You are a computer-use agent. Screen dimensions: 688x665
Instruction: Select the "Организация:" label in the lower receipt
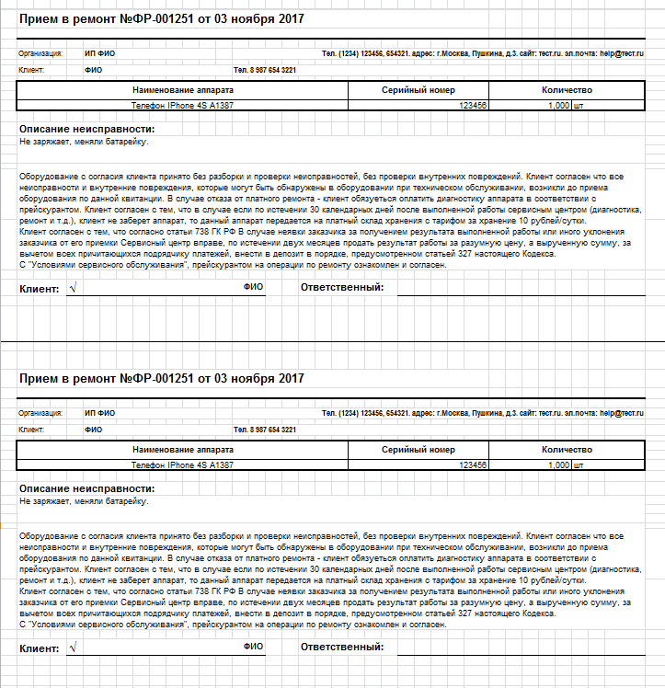40,414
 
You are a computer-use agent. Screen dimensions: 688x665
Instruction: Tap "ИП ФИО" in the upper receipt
99,53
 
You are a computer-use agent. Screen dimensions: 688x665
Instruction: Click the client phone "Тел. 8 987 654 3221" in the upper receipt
265,70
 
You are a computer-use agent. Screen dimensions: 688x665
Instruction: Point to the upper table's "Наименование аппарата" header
182,90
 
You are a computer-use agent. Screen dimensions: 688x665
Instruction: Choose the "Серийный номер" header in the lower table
418,450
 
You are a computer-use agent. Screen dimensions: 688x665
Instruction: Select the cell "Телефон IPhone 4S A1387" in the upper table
182,106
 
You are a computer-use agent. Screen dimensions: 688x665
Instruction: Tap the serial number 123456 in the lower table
473,465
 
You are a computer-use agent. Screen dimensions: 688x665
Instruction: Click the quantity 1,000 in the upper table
558,106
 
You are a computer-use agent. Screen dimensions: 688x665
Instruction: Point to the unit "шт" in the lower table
579,465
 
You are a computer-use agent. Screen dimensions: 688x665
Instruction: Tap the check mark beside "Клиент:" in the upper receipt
72,287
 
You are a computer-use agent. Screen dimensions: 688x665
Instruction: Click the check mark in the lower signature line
72,647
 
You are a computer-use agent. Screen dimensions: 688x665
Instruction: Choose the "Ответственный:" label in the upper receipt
342,288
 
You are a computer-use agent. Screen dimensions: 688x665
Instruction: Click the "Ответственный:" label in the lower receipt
342,648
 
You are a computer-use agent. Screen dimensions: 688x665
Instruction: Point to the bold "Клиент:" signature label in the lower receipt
39,648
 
